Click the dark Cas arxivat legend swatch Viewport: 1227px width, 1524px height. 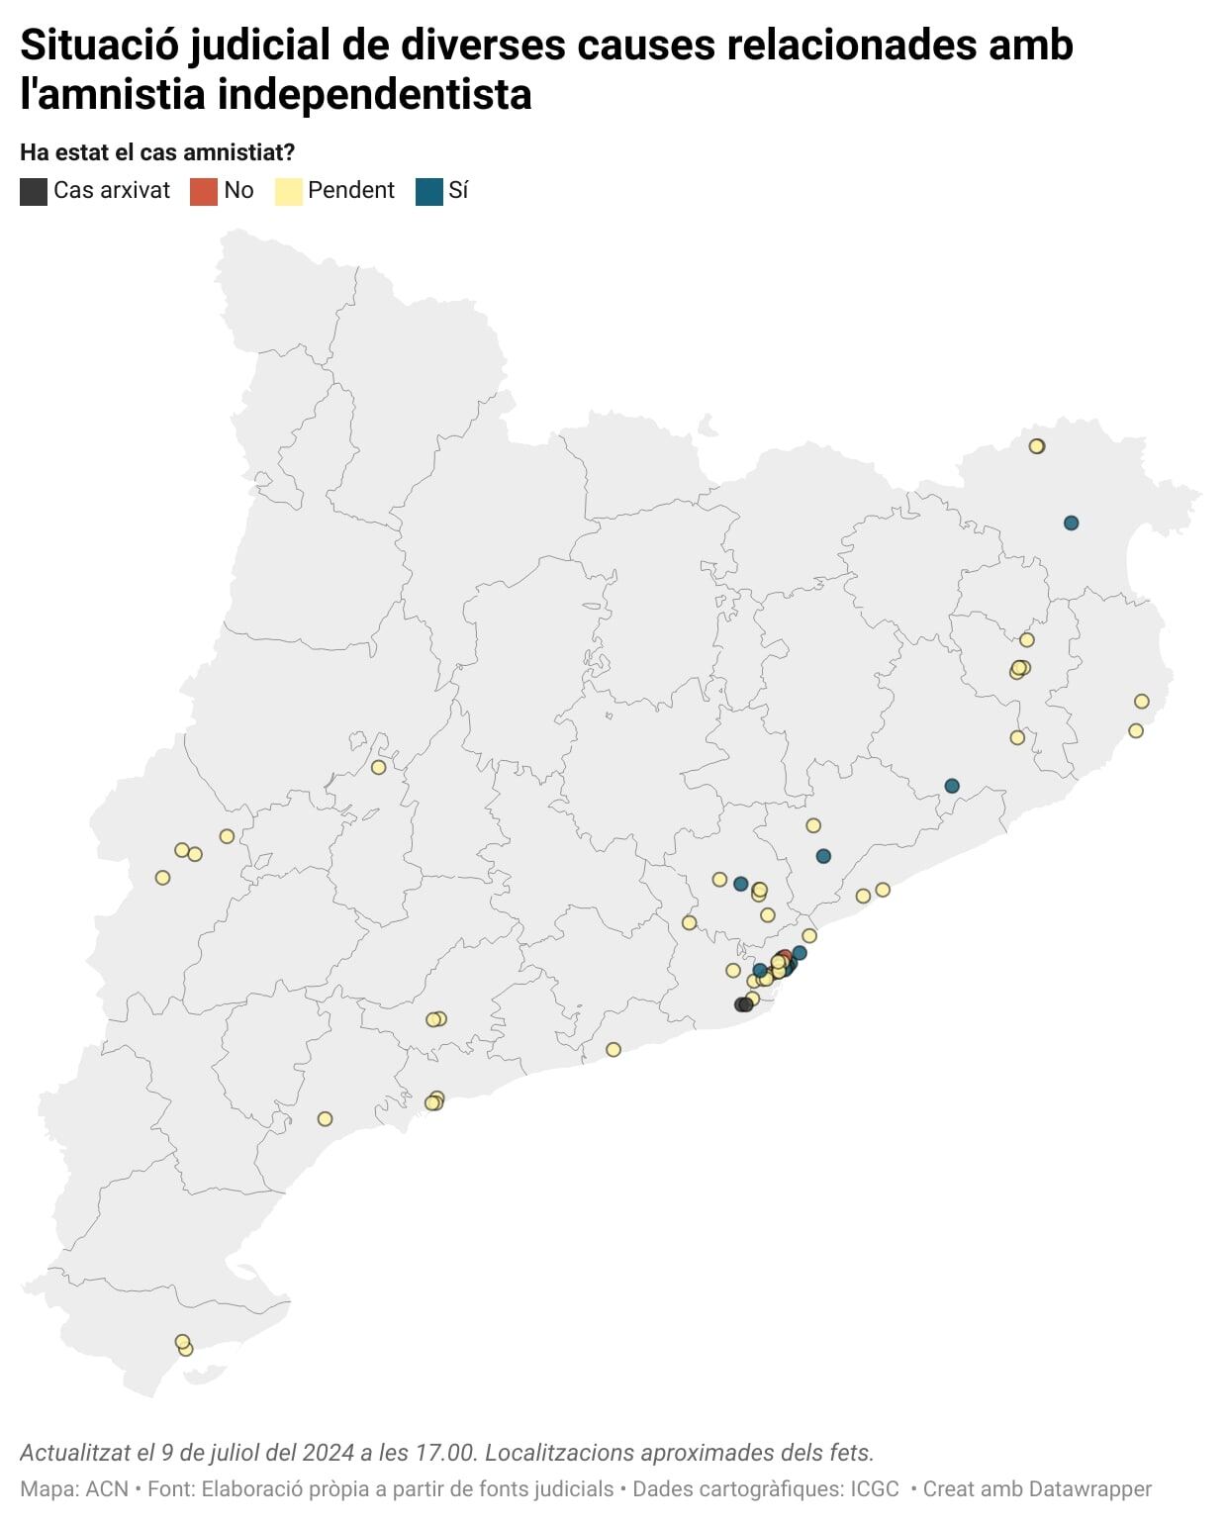[34, 191]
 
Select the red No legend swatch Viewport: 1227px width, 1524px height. [203, 191]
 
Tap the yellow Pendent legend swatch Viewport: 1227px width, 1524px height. [288, 191]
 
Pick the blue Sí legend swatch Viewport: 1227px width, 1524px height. [428, 191]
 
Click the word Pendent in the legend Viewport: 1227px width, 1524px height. [350, 190]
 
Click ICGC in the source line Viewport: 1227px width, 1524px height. [875, 1488]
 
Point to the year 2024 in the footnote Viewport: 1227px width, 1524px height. [329, 1453]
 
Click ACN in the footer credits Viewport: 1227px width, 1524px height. [107, 1488]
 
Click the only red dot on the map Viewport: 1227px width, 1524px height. [785, 957]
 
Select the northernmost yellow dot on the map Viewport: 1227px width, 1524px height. [1036, 446]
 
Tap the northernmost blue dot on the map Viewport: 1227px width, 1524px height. [1071, 523]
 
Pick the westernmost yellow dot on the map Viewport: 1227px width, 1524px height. [163, 878]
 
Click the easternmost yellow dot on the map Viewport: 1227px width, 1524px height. [1141, 702]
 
